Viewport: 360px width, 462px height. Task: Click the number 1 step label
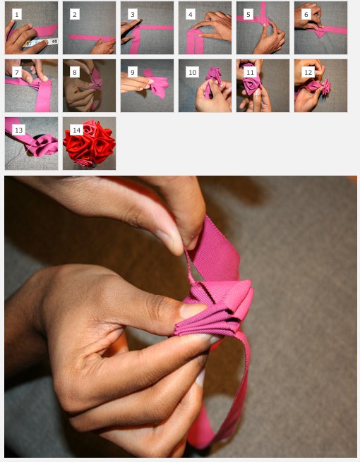[17, 14]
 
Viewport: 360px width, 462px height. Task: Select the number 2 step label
[75, 14]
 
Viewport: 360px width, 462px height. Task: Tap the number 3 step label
[133, 14]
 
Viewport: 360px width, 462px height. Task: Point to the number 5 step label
[248, 14]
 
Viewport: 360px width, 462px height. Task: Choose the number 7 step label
[17, 72]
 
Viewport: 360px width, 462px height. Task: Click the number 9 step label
[133, 72]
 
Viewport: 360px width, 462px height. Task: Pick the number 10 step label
[192, 72]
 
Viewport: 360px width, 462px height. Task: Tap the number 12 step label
[308, 72]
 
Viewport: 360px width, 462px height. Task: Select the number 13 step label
[18, 130]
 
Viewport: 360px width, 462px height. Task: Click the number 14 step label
[76, 130]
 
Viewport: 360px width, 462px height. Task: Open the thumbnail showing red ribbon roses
[90, 143]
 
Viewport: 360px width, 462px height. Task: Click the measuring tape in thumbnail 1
[41, 43]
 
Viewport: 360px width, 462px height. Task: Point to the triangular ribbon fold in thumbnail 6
[319, 34]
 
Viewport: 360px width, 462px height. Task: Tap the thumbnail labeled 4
[205, 28]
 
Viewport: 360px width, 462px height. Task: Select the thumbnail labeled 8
[90, 86]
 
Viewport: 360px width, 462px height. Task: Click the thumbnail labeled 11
[263, 86]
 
